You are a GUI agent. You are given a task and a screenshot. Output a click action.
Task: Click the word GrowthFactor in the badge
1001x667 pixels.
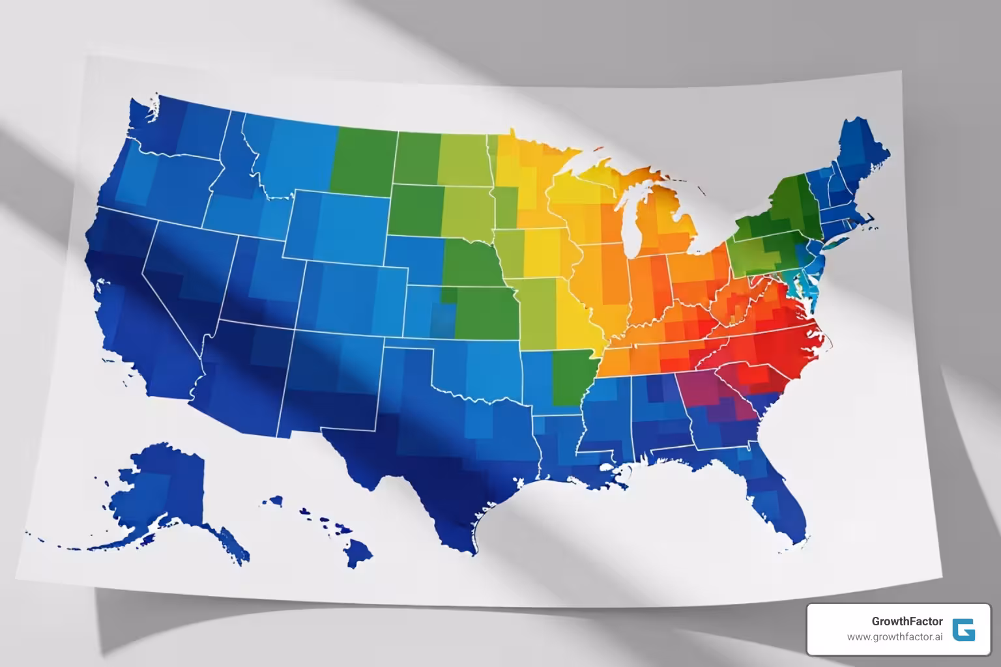(907, 621)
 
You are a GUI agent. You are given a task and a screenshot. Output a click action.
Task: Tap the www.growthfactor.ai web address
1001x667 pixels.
(895, 637)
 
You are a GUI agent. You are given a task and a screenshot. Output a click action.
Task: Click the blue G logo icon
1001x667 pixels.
(963, 630)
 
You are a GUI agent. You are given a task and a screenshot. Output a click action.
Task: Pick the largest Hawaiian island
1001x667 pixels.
(357, 552)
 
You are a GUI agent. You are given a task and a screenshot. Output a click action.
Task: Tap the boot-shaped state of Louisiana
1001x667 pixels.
(560, 443)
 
